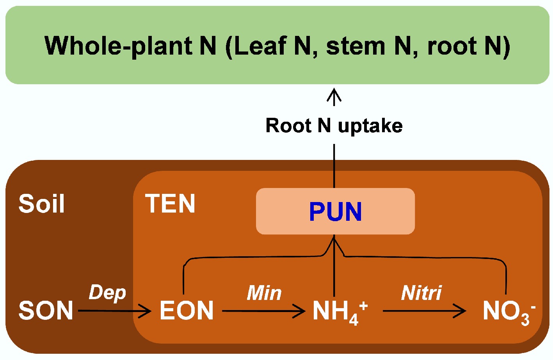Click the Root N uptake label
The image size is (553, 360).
[334, 126]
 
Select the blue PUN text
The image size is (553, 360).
[335, 212]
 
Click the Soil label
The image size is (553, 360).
[41, 204]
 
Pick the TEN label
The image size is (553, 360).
[170, 204]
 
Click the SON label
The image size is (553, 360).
[46, 310]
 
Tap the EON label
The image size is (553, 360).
[187, 310]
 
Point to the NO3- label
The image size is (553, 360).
[508, 312]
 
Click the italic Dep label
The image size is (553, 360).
[107, 293]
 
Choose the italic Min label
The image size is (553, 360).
[264, 293]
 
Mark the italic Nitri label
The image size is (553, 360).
[421, 293]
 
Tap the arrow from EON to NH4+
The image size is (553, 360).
[263, 311]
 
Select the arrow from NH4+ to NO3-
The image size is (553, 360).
[424, 311]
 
